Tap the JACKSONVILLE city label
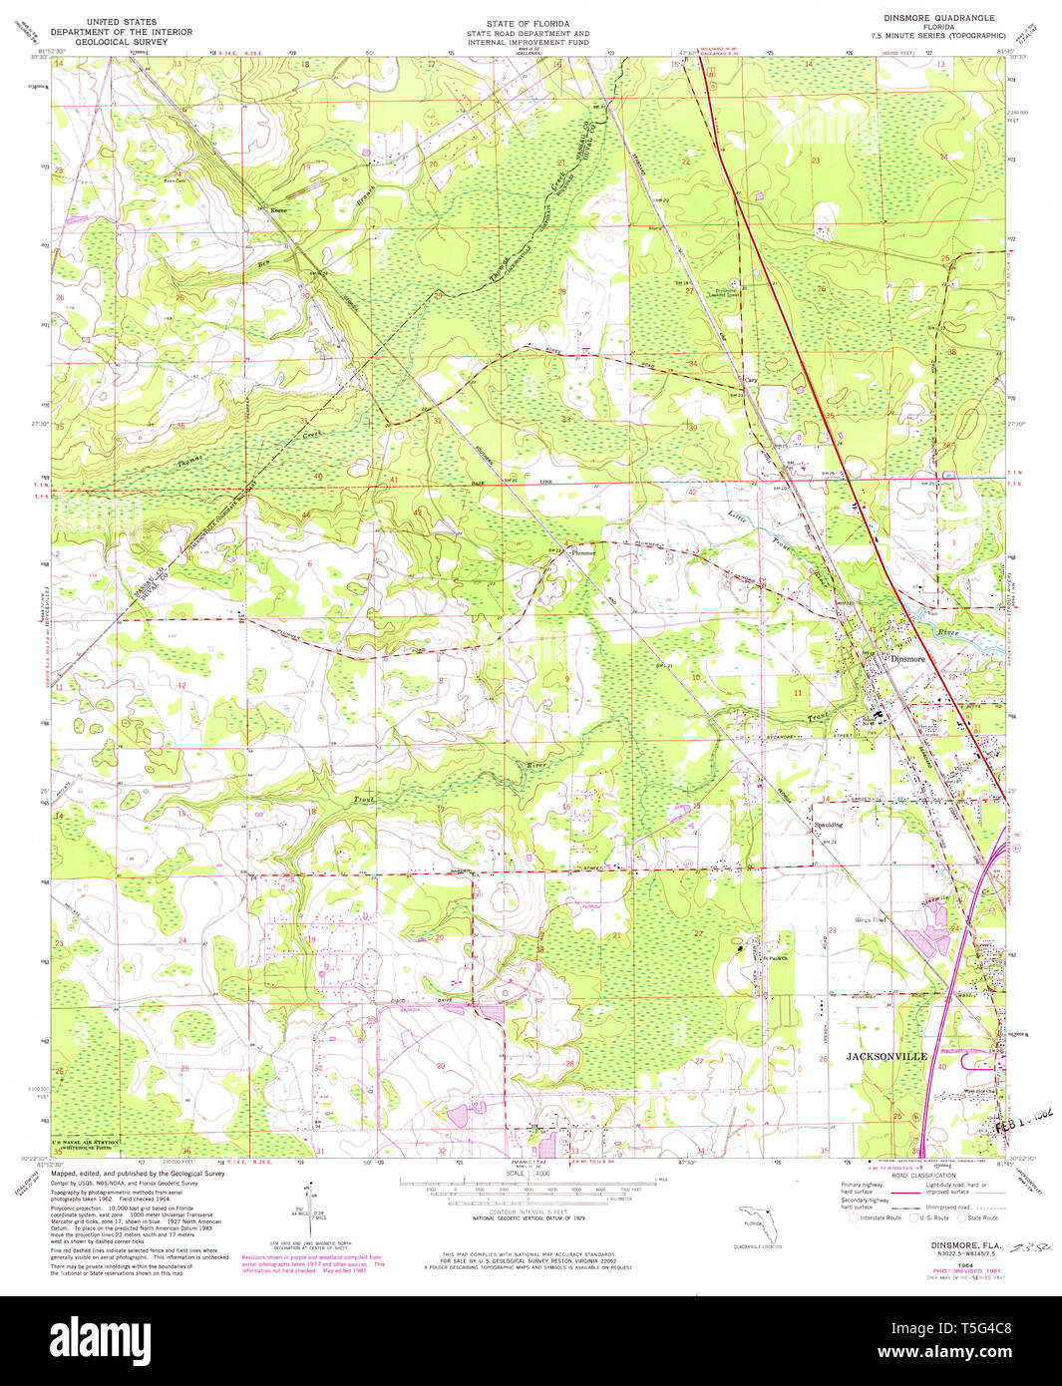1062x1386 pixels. point(886,1056)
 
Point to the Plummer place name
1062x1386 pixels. point(582,552)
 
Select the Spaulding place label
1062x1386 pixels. point(827,825)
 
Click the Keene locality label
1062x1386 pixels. point(279,211)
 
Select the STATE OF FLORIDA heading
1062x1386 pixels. point(528,23)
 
